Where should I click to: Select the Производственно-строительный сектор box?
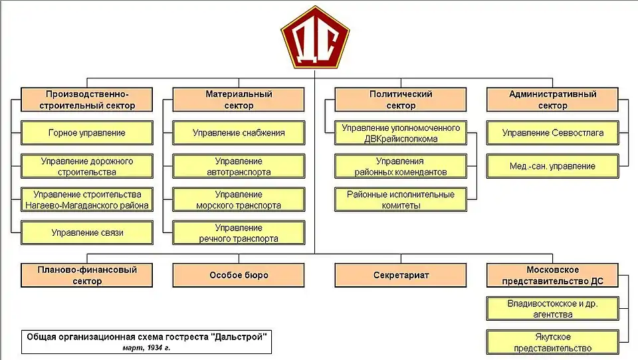86,100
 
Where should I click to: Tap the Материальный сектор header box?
239,100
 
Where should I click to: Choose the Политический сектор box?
401,100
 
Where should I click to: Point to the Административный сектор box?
552,100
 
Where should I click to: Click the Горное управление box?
86,133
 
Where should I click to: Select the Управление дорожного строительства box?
86,166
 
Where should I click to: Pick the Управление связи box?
86,232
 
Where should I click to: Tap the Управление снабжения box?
239,133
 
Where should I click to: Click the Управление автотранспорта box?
239,166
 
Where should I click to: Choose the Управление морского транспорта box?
239,199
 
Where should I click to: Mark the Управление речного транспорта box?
239,232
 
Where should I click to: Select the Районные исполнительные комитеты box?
401,199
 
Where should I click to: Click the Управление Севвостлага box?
552,133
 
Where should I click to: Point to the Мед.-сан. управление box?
552,166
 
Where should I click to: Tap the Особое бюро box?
239,275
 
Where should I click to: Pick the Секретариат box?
401,275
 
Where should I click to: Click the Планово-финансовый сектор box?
86,275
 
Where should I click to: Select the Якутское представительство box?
553,342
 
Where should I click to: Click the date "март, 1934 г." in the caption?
146,347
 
